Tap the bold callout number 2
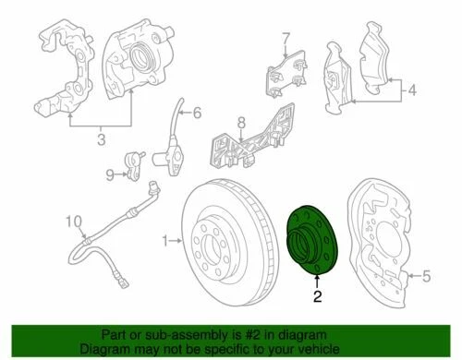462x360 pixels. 317,297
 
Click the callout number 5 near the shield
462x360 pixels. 426,274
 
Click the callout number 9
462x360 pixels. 109,174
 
